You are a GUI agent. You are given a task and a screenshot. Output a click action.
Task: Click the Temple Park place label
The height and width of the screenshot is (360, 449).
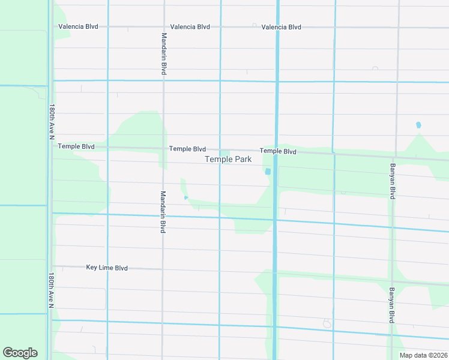(x=228, y=159)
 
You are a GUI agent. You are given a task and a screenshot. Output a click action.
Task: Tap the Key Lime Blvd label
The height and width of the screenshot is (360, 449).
(x=107, y=268)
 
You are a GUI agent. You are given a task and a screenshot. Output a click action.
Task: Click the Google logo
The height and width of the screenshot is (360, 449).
(x=20, y=353)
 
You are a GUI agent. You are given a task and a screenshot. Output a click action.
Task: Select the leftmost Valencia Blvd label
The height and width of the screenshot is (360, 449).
(x=78, y=27)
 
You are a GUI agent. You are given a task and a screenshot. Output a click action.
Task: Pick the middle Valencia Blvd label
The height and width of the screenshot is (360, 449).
(x=190, y=27)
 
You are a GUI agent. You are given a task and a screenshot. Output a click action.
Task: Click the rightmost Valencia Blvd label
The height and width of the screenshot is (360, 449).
(x=281, y=27)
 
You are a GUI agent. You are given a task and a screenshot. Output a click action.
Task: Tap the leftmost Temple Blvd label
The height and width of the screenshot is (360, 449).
(x=76, y=146)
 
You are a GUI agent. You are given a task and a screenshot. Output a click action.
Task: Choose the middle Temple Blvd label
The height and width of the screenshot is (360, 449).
(x=187, y=149)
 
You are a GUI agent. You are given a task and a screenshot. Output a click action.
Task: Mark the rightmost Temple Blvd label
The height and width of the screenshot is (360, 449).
(x=278, y=151)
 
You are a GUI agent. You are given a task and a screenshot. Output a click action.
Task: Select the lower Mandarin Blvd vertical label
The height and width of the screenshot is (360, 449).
(x=163, y=212)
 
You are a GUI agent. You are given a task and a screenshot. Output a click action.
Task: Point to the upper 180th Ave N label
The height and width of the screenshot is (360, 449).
(x=52, y=123)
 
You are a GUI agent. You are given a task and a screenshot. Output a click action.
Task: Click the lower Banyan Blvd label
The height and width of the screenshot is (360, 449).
(x=391, y=305)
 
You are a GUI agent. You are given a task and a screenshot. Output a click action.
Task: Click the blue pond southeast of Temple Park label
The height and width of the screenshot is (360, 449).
(x=268, y=172)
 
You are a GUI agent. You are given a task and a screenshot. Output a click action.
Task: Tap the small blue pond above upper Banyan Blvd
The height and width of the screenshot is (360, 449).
(x=418, y=125)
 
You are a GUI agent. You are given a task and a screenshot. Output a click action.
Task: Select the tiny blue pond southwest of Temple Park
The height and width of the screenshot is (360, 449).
(x=186, y=197)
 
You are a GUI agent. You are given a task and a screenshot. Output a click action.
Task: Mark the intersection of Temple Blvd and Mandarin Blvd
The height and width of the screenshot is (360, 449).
(x=163, y=148)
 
